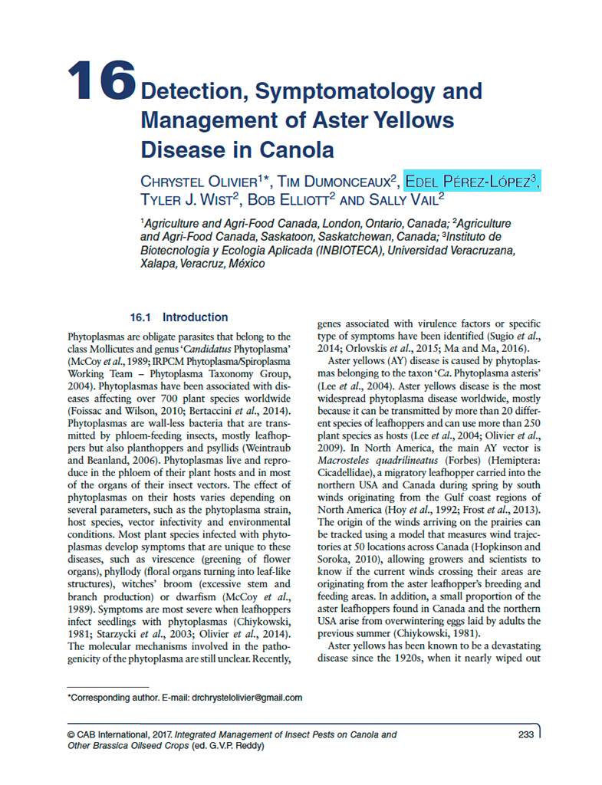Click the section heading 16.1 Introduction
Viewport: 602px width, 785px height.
[x=179, y=317]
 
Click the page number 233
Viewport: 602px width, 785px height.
[x=525, y=735]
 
